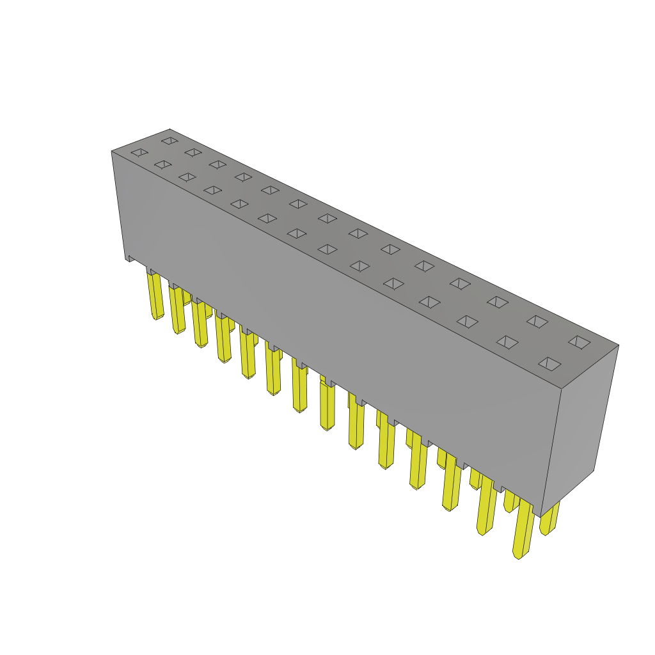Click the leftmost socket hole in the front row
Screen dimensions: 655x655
139,152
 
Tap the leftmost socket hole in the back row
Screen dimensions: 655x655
170,141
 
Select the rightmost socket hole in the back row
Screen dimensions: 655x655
579,342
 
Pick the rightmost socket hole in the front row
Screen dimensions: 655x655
549,364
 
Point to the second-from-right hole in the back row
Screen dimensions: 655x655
537,321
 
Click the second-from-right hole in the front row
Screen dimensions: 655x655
507,342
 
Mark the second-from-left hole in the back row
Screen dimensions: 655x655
193,152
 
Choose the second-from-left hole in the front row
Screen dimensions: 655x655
163,164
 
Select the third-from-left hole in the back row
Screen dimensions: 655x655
217,164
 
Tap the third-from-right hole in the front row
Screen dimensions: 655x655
467,321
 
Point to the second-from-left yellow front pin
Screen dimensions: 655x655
177,310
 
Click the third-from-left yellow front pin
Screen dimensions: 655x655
200,324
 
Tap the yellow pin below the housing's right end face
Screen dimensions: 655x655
549,519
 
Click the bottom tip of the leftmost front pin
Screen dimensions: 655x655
157,317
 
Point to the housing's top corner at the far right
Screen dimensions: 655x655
618,345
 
